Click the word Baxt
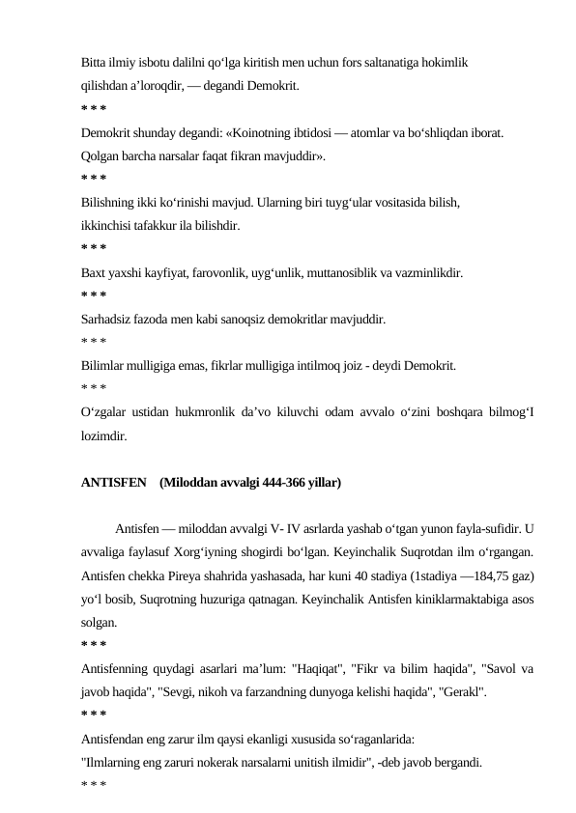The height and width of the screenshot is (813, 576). coord(94,273)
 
